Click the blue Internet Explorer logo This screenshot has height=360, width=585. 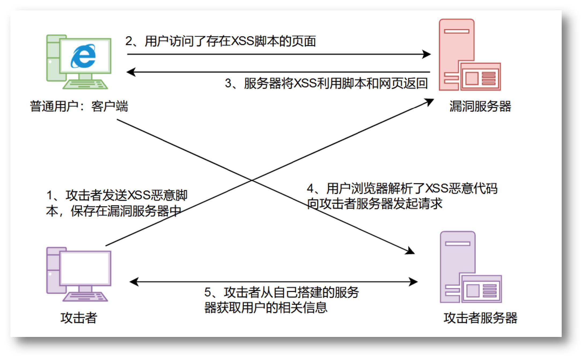[83, 56]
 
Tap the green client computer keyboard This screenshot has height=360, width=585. [85, 84]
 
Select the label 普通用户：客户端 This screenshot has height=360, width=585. [79, 106]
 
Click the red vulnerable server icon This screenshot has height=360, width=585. [469, 55]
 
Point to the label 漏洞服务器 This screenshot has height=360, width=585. [480, 106]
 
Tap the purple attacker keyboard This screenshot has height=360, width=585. [85, 297]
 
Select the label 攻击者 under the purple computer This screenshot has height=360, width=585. [79, 318]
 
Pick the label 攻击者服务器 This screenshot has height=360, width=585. [480, 318]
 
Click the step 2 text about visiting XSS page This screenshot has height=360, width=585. [221, 41]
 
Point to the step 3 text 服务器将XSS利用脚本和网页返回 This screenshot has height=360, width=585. [326, 83]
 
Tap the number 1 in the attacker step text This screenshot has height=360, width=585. [50, 195]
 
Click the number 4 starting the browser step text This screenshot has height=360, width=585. [310, 188]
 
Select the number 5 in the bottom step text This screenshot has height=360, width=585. [208, 292]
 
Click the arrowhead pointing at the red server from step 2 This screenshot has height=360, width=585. [427, 54]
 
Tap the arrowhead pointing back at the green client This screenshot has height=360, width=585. [131, 72]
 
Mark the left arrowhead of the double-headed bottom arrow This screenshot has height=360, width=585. [134, 282]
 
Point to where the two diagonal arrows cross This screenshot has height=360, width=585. [252, 180]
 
